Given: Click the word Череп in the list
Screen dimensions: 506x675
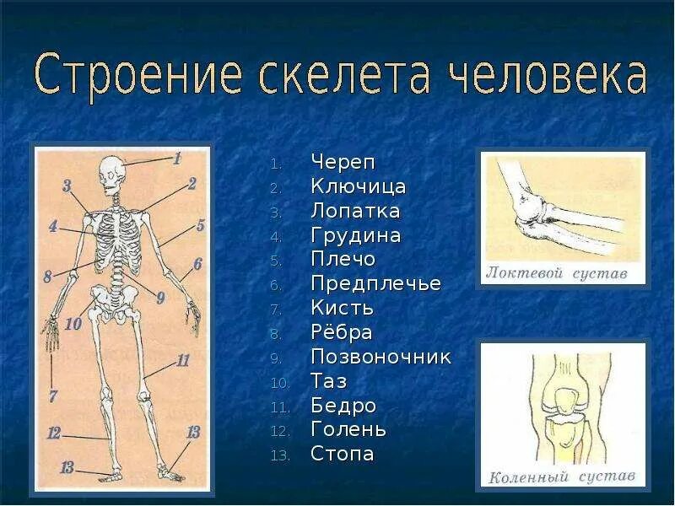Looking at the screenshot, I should click(x=343, y=162).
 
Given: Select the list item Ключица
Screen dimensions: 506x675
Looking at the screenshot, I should click(x=358, y=186).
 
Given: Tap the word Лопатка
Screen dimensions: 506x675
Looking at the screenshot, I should click(x=355, y=211).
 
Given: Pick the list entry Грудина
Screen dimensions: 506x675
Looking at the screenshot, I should click(x=355, y=235).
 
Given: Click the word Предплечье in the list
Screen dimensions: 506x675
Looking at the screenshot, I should click(x=375, y=283).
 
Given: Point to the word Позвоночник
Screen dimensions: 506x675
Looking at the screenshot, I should click(x=381, y=357).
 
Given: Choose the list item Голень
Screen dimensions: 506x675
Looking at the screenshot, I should click(x=348, y=430).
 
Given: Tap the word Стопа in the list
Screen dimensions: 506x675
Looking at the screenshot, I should click(x=342, y=455).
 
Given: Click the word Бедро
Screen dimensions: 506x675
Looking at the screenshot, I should click(x=343, y=406).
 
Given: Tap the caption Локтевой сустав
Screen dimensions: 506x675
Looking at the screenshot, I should click(x=557, y=272).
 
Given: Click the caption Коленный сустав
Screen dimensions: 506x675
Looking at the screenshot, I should click(x=562, y=477).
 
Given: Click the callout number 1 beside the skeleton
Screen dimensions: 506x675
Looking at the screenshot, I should click(x=177, y=158).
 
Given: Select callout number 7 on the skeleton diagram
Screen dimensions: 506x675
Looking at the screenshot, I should click(x=52, y=396).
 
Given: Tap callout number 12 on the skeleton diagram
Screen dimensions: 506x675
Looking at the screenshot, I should click(x=54, y=433).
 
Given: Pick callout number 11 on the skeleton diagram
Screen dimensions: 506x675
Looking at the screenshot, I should click(x=183, y=360).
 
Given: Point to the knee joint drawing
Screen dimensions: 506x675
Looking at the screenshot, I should click(x=561, y=405).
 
